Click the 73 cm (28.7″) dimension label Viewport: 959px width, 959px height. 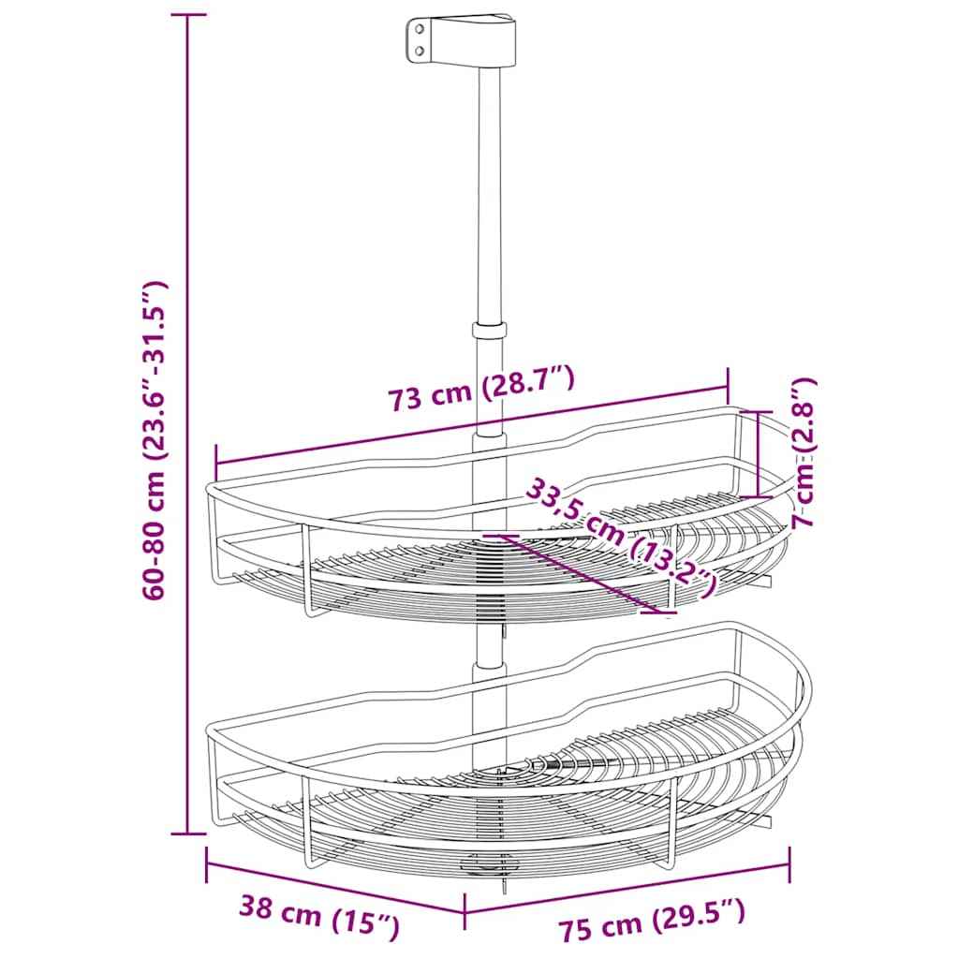pos(480,391)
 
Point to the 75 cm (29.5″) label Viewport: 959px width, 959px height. pos(652,922)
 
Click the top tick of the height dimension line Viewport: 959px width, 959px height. pos(188,16)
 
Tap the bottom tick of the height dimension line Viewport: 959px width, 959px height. pos(188,833)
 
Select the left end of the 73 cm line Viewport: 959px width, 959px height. pos(216,461)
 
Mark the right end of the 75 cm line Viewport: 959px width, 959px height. pos(791,863)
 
